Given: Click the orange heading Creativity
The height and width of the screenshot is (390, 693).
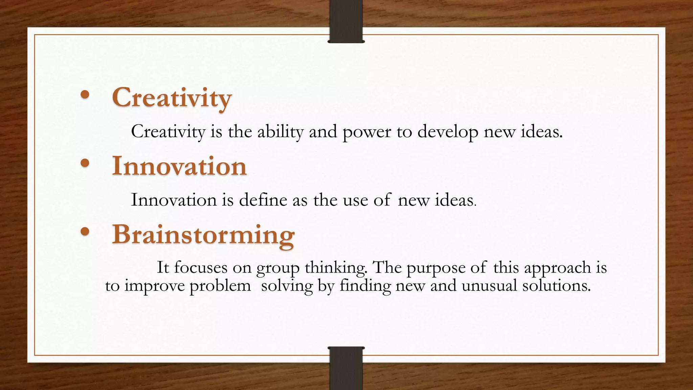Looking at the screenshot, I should [x=172, y=98].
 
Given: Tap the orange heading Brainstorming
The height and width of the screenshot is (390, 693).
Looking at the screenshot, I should [x=203, y=234].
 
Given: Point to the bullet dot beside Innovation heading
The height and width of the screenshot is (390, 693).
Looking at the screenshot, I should [x=85, y=164].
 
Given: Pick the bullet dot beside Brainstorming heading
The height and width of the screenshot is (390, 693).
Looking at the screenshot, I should [x=85, y=232].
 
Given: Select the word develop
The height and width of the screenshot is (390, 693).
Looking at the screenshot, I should [x=448, y=132].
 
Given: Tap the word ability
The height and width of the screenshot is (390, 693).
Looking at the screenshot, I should [x=280, y=132].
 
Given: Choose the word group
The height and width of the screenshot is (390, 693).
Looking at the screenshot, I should [x=278, y=268].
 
